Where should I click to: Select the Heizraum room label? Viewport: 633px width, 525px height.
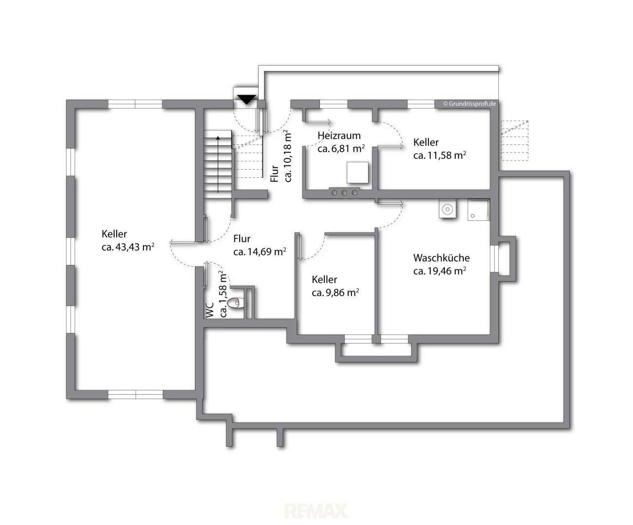point(339,136)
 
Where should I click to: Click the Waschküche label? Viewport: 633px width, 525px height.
point(441,258)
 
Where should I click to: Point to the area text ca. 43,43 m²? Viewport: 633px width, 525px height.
point(128,247)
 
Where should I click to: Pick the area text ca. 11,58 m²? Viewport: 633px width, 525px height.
point(440,155)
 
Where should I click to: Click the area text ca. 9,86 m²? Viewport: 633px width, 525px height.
point(335,293)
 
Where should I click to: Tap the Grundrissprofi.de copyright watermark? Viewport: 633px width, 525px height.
point(469,104)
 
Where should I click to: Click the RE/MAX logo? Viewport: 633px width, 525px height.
point(316,511)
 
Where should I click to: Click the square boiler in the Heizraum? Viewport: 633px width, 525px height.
point(357,173)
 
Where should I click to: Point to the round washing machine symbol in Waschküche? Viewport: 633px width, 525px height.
point(447,209)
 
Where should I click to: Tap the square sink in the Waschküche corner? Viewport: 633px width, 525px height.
point(478,210)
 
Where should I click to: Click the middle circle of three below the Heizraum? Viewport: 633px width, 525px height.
point(344,192)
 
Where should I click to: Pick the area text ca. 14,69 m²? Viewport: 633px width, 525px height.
point(260,252)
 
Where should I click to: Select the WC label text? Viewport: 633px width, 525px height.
point(210,310)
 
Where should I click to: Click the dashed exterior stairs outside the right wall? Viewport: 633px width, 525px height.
point(514,140)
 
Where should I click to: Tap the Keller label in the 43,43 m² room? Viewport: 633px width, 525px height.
point(114,234)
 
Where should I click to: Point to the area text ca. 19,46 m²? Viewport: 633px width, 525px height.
point(440,271)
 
